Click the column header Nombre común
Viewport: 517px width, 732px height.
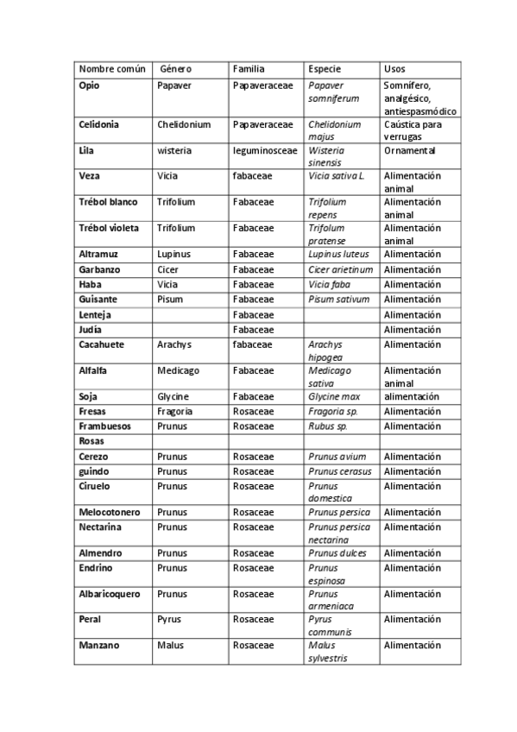111,68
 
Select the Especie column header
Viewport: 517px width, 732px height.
325,68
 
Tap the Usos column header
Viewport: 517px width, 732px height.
394,68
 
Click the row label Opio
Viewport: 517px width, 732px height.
89,85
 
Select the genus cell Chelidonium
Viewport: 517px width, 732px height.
184,124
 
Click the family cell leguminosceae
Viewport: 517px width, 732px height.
264,150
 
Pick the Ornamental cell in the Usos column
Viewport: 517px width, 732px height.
410,150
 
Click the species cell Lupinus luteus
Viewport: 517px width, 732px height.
338,254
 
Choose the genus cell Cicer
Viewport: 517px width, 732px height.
168,269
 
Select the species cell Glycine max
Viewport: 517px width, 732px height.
334,396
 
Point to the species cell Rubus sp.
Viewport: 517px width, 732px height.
328,426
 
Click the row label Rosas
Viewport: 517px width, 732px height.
91,440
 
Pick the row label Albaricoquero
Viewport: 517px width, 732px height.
110,594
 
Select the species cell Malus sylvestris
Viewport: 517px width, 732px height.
330,652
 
